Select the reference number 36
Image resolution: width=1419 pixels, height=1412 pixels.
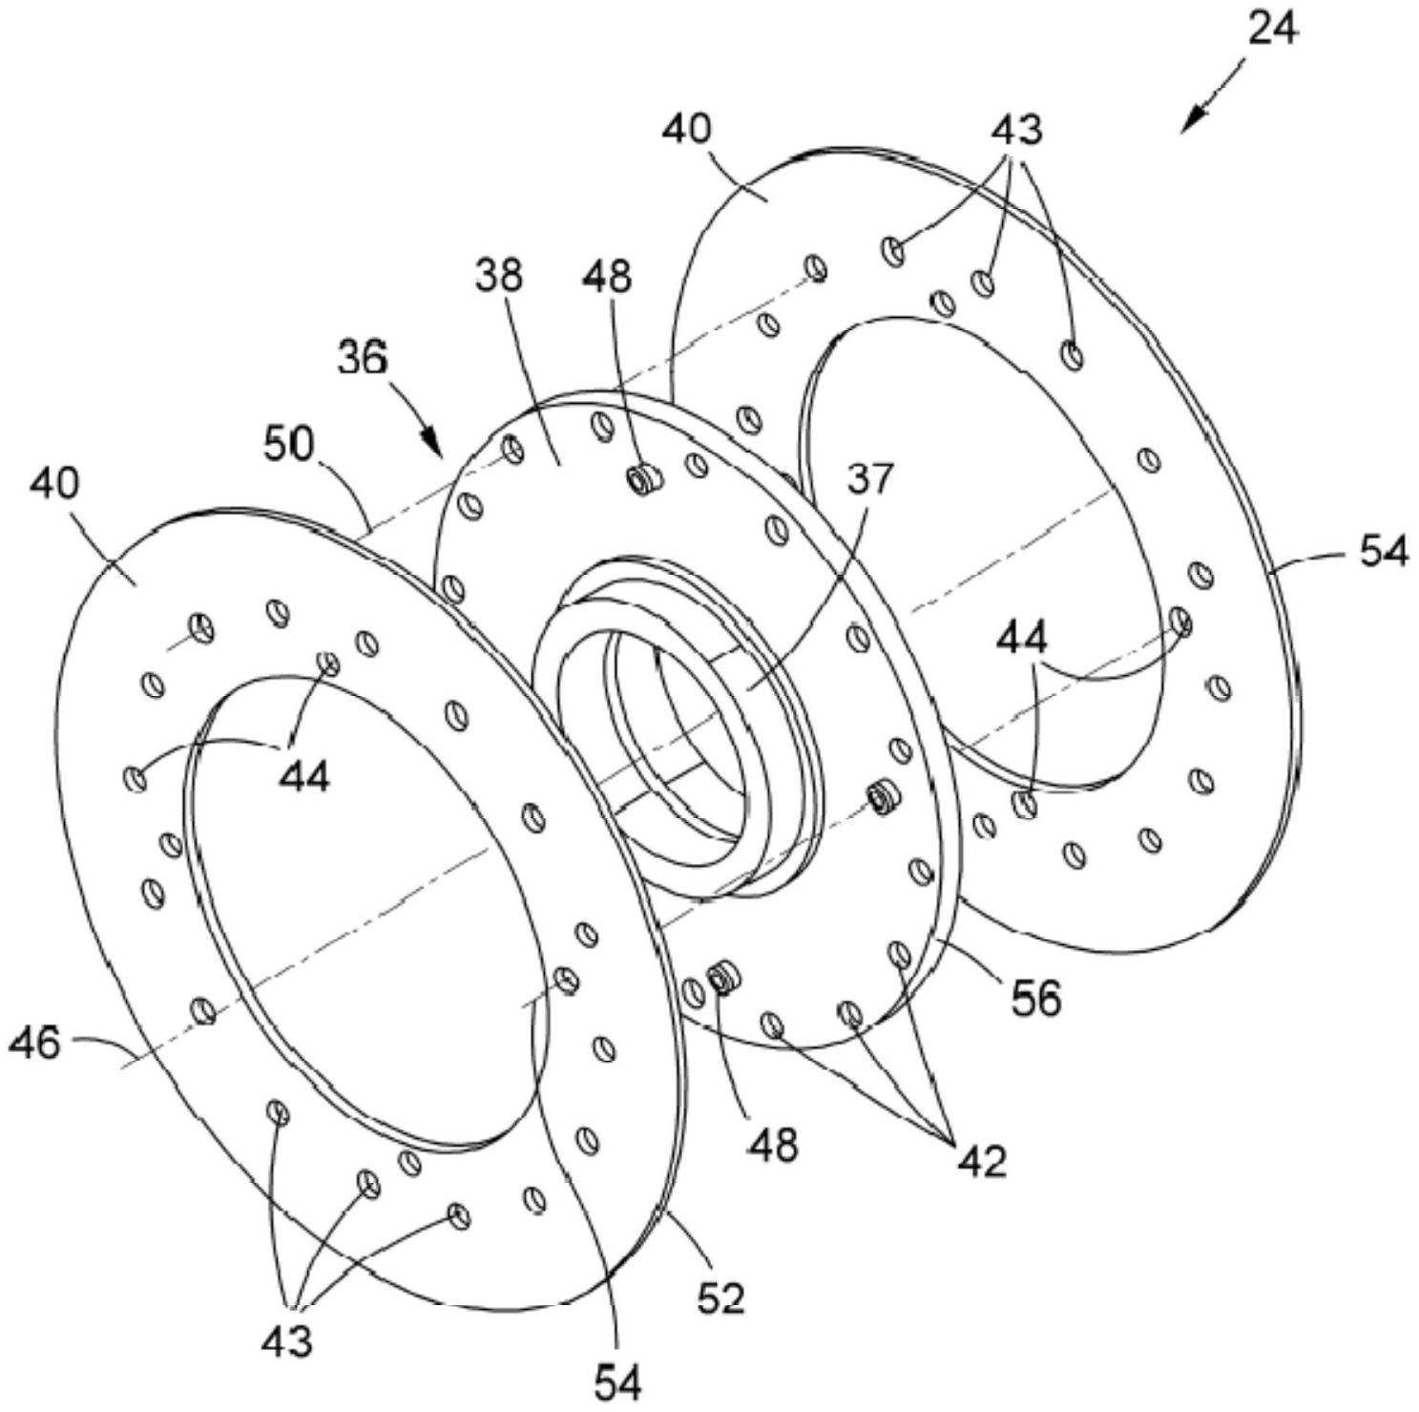click(363, 357)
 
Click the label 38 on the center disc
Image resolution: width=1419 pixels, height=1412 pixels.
click(500, 275)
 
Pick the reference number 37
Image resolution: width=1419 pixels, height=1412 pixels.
click(870, 477)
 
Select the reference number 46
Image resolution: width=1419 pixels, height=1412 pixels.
click(35, 1043)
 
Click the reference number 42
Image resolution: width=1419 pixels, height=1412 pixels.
click(981, 1160)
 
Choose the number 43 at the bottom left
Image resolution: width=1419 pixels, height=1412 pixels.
click(286, 1341)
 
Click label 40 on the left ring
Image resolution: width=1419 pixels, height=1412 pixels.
click(54, 483)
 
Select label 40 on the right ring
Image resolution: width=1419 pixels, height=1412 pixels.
click(688, 127)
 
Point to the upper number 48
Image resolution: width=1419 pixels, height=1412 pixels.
click(608, 276)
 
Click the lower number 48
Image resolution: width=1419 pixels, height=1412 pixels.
click(773, 1143)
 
